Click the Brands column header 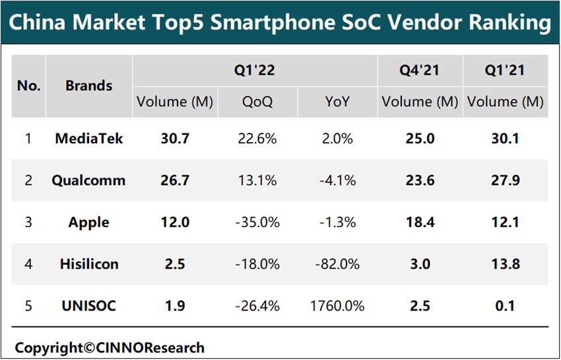[x=89, y=86]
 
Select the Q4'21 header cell [x=420, y=70]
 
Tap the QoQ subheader [x=257, y=102]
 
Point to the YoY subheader [x=337, y=102]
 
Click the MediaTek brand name [x=89, y=139]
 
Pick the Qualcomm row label [x=89, y=180]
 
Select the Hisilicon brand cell [x=89, y=264]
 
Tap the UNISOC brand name [x=89, y=306]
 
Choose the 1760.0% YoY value [x=337, y=306]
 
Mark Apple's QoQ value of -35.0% [x=257, y=223]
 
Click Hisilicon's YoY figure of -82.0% [x=337, y=264]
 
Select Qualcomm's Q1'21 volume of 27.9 [x=505, y=180]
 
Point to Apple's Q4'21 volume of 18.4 [x=420, y=223]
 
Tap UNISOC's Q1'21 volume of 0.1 [x=505, y=306]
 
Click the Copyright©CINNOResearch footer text [x=110, y=347]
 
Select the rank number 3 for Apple [x=28, y=223]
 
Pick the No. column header [x=29, y=86]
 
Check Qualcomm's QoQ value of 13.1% [x=257, y=180]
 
